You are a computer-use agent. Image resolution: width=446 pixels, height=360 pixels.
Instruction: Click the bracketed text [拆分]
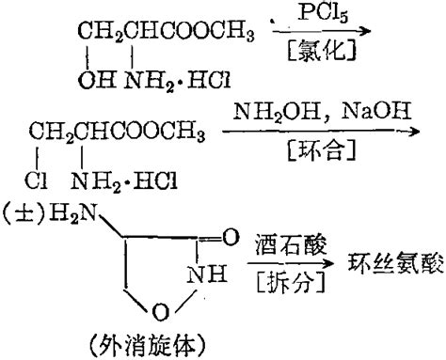pyautogui.click(x=286, y=278)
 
